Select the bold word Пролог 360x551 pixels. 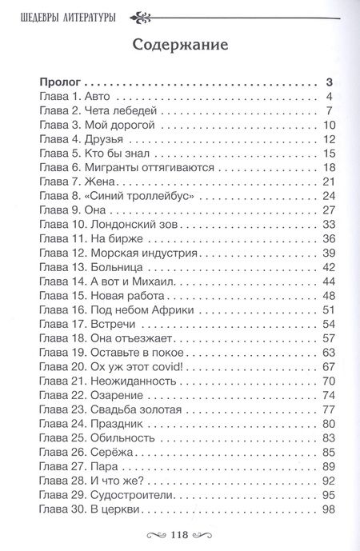(59, 82)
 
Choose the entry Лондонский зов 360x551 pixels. (127, 225)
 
